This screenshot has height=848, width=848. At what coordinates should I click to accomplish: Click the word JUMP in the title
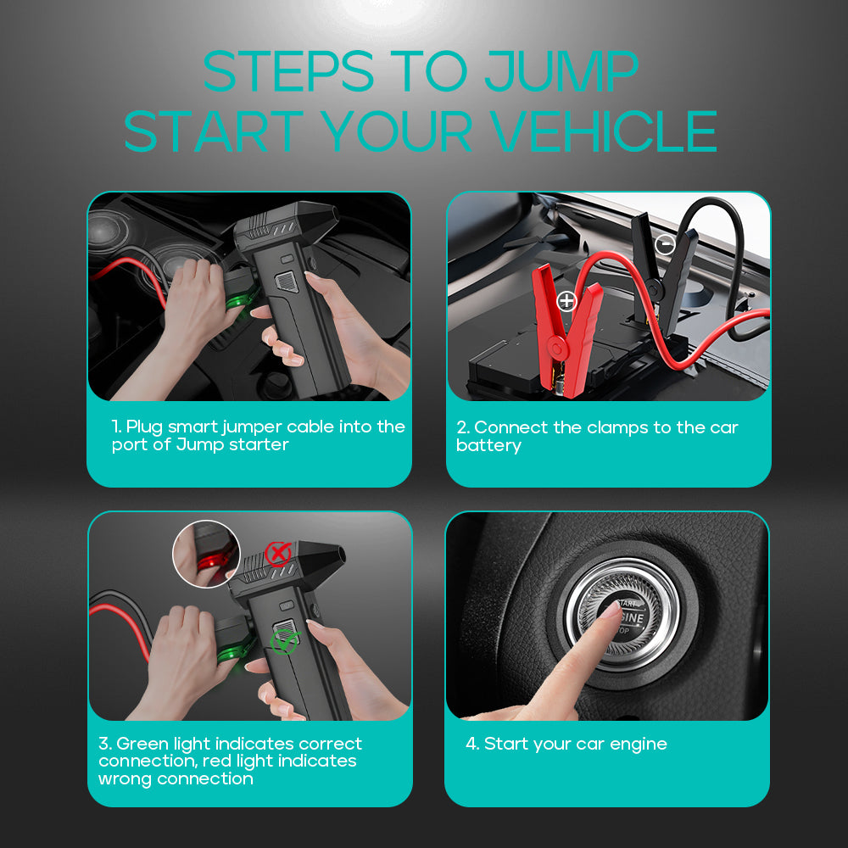coord(561,72)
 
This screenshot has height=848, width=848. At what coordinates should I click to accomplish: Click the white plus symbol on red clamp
coord(566,300)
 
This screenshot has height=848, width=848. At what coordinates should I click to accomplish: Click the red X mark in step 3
coord(277,555)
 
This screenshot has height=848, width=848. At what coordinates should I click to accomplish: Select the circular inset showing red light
coord(206,555)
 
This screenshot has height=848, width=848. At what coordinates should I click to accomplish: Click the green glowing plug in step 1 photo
coord(239,301)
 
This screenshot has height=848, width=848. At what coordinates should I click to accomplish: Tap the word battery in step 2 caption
coord(488,446)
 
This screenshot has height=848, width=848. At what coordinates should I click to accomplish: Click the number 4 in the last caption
coord(471,744)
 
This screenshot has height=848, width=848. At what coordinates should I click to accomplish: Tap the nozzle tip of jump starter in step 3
coord(340,558)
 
